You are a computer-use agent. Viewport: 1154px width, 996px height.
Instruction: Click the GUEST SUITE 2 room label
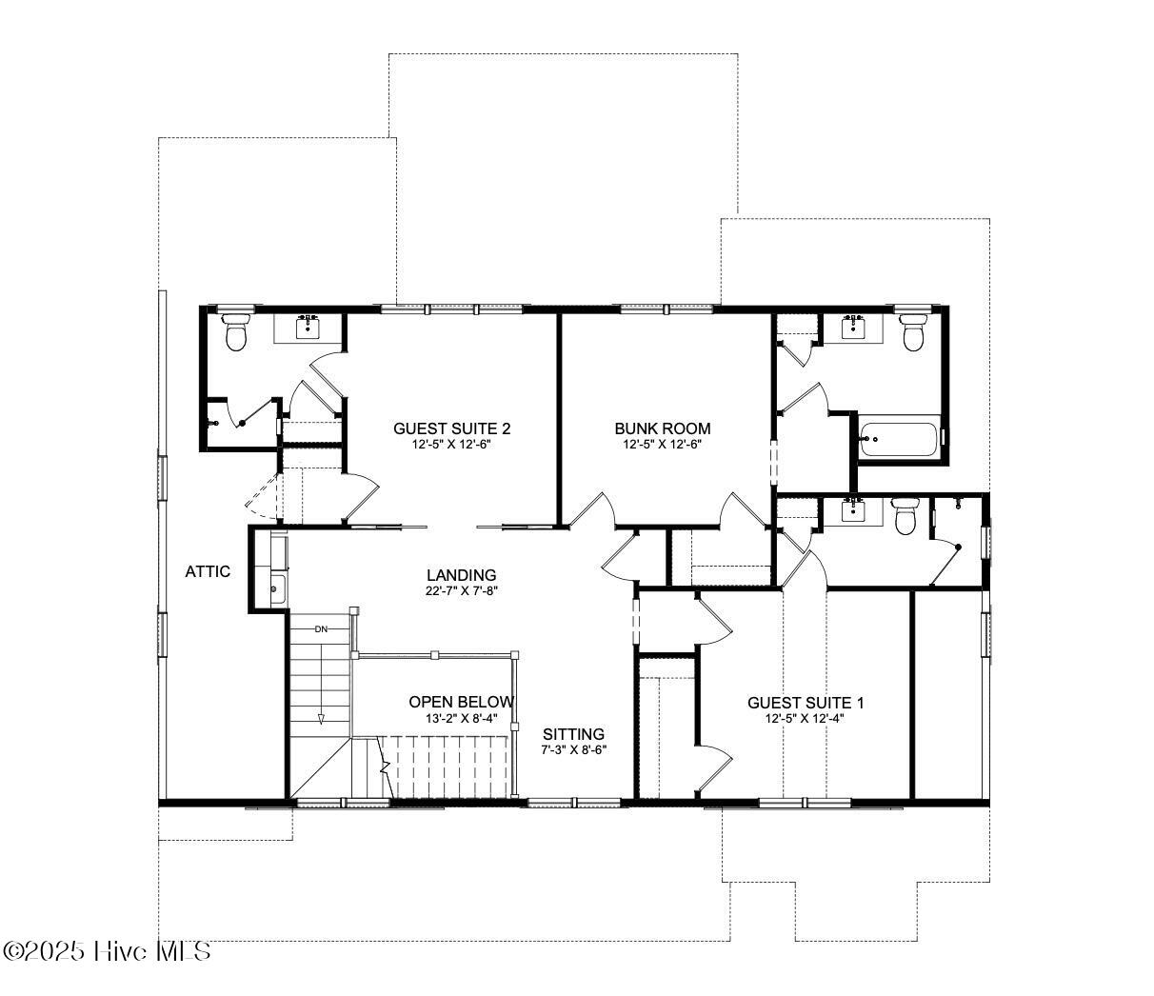(x=451, y=428)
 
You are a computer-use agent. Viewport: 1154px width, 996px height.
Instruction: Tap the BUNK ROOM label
(x=662, y=428)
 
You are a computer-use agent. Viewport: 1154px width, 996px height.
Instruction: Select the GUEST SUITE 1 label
(x=806, y=703)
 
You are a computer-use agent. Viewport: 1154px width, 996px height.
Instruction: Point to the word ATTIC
(x=208, y=571)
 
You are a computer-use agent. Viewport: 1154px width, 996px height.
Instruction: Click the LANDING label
(x=461, y=574)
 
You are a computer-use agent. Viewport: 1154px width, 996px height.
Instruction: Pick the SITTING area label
(x=573, y=733)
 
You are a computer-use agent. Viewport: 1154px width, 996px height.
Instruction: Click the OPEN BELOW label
(x=461, y=702)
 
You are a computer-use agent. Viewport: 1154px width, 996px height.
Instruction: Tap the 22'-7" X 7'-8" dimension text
(x=461, y=590)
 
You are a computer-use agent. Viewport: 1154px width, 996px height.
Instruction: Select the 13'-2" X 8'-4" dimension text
(x=461, y=718)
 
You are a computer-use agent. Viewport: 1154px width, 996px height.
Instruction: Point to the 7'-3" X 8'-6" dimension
(x=573, y=749)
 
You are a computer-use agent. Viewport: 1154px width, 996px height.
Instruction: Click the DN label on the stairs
(x=321, y=629)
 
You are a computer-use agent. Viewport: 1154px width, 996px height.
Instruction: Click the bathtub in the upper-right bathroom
(x=899, y=439)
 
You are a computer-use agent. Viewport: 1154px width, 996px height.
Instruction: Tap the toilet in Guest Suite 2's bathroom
(x=235, y=331)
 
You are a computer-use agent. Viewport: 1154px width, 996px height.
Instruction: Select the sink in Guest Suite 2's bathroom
(x=308, y=329)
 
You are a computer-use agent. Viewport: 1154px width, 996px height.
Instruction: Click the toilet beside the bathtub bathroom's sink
(x=913, y=331)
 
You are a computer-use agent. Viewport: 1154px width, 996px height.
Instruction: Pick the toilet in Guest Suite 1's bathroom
(x=905, y=516)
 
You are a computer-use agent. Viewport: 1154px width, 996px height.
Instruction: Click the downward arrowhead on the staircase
(x=321, y=719)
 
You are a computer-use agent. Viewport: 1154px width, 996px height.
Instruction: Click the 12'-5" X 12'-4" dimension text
(x=805, y=718)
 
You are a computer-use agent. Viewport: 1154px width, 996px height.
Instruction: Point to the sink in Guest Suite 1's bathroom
(x=853, y=509)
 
